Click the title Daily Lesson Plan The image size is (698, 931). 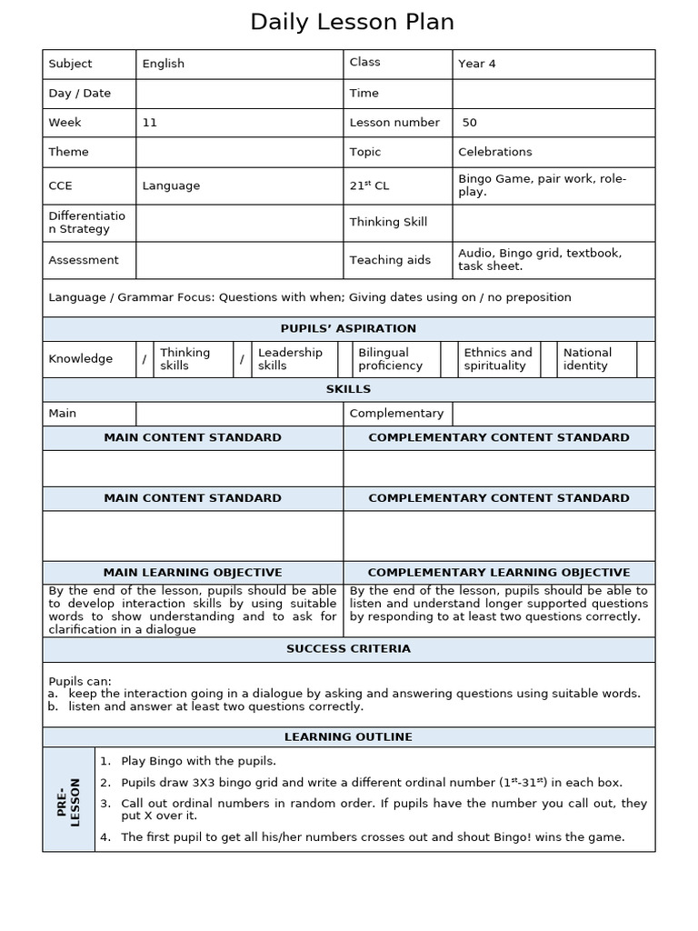coord(352,22)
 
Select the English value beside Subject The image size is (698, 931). coord(164,64)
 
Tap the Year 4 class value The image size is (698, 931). coord(477,64)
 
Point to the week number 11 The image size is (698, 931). coord(150,122)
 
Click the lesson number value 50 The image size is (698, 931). coord(470,122)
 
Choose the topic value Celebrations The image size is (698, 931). coord(495,152)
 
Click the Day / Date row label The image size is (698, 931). coord(80,93)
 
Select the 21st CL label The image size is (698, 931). coord(369,185)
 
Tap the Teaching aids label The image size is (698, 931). coord(390,260)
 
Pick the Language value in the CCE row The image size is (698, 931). coord(171,185)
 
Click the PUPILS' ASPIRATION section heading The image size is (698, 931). coord(348,328)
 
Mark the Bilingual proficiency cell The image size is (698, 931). coord(390,359)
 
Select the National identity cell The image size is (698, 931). coord(587,359)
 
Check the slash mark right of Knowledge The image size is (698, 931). coord(144,359)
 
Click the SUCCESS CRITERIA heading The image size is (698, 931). coord(348,648)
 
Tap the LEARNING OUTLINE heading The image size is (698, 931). coord(348,736)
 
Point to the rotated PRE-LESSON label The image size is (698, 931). coord(69,799)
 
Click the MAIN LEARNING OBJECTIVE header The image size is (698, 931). coord(193,572)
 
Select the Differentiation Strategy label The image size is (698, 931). coord(87,222)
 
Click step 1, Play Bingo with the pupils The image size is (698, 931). coord(198,761)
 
